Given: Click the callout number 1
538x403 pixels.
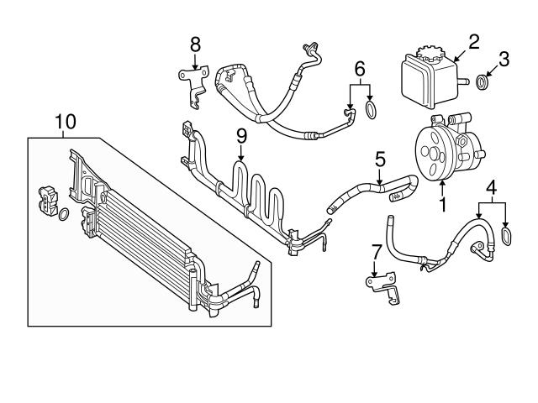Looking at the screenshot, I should click(440, 202).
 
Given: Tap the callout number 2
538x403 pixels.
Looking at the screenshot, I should click(473, 39).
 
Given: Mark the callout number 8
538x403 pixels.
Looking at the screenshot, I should click(195, 43).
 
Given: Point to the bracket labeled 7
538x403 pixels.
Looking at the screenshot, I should click(379, 284).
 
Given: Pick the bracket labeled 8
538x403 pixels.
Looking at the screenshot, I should click(192, 84).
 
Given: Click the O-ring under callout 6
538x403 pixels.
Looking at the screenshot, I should click(371, 110).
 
